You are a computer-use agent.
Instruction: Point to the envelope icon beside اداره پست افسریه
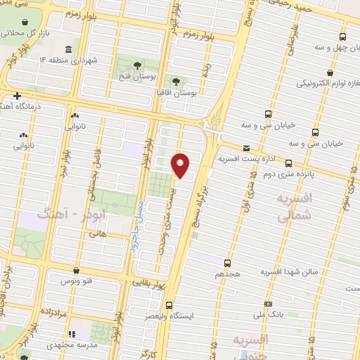click(x=246, y=148)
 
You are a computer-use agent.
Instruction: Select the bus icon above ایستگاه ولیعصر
click(x=169, y=305)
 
